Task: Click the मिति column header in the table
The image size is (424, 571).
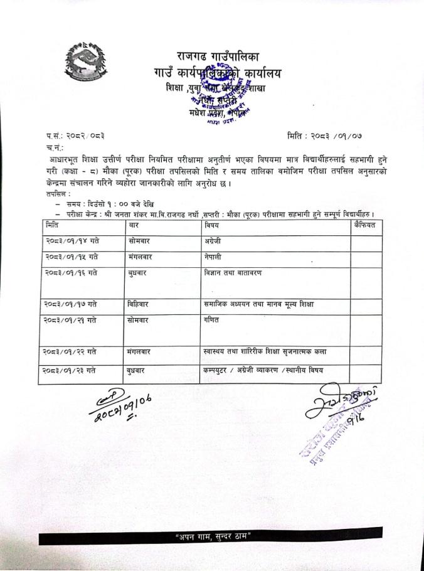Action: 51,224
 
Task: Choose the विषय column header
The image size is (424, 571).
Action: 212,224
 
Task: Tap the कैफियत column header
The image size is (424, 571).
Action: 364,223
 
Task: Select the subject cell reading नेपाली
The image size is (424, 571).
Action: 215,257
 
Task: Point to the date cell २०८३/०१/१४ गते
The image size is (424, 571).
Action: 72,241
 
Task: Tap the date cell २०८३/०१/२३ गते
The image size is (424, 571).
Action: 72,370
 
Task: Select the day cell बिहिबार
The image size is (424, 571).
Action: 140,304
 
